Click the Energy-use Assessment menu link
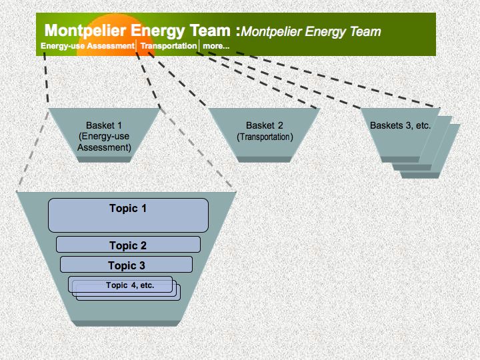tap(87, 46)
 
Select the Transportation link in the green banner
tap(169, 46)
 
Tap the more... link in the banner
tap(216, 46)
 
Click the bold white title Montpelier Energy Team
tap(137, 30)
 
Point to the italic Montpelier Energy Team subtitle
tap(311, 31)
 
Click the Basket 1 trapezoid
tap(104, 135)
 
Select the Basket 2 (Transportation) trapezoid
tap(264, 135)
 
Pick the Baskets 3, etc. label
tap(401, 125)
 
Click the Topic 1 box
tap(128, 215)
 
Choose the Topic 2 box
tap(128, 245)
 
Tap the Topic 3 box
tap(127, 265)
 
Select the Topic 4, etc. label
tap(130, 285)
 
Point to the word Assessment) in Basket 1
tap(104, 147)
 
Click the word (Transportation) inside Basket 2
tap(265, 137)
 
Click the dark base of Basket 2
tap(264, 159)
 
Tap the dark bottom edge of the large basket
tap(125, 323)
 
